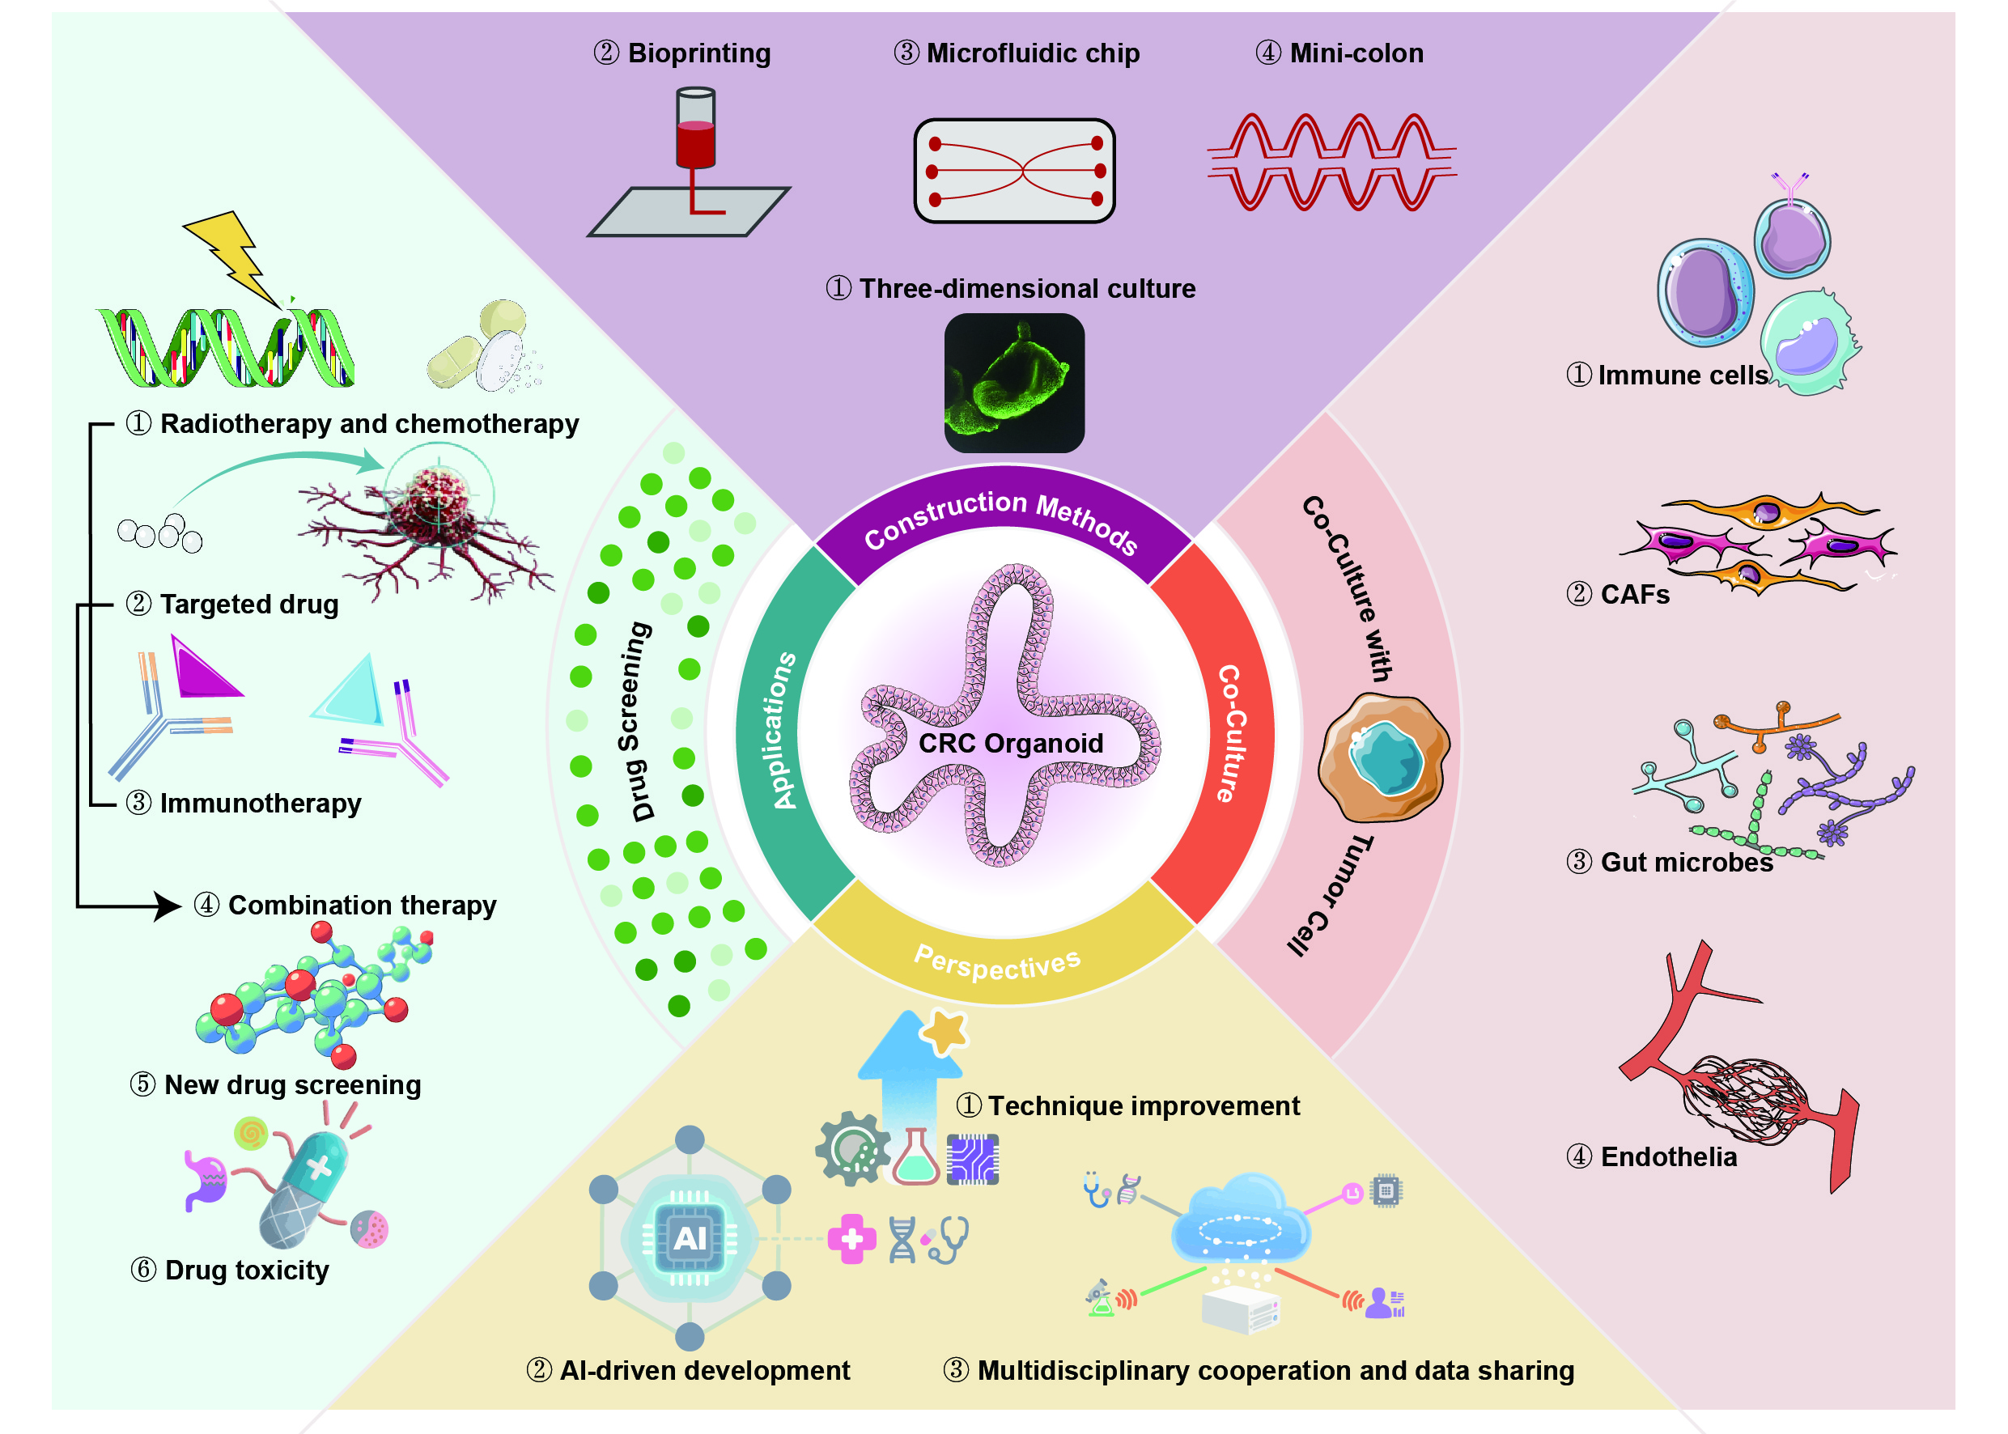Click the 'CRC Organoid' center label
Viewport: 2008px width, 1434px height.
pos(1010,744)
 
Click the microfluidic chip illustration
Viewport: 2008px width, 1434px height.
pos(1015,171)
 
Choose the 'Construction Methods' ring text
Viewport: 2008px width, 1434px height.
pos(1000,517)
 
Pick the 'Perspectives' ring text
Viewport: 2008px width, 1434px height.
pos(997,962)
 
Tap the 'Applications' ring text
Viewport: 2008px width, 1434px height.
pos(782,731)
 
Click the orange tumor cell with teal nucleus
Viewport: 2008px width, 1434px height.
pos(1383,757)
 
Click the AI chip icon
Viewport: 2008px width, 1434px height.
pos(690,1238)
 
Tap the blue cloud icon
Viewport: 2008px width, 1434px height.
pos(1241,1219)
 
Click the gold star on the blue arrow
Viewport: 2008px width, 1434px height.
pos(945,1031)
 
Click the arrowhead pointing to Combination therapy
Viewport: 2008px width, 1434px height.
pos(168,906)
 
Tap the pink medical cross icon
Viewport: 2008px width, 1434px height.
pos(851,1239)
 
